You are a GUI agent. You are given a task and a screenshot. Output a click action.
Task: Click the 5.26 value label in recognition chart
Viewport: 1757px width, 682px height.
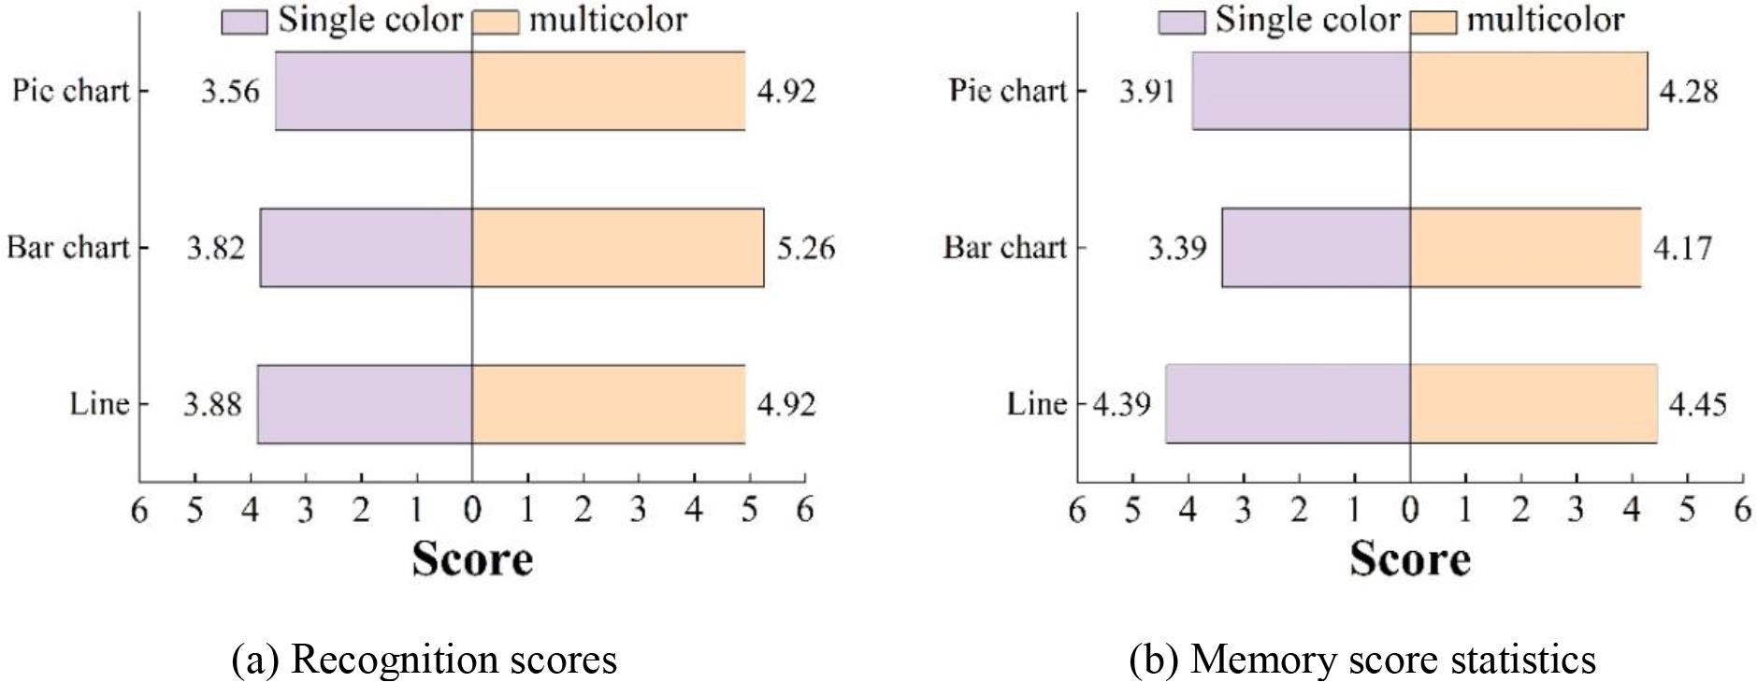coord(805,248)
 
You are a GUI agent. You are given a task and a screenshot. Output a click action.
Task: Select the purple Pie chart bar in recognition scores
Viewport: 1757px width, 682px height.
coord(373,91)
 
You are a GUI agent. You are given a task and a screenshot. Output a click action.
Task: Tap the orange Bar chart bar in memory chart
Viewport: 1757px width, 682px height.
coord(1524,248)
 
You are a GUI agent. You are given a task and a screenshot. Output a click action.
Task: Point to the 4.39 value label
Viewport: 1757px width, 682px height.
coord(1121,404)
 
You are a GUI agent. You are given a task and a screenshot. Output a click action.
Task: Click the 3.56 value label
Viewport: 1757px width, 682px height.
coord(230,92)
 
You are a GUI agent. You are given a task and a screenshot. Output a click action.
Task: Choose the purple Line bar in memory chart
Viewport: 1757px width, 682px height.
coord(1287,404)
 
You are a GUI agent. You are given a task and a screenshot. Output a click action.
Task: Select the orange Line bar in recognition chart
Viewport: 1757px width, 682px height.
coord(608,404)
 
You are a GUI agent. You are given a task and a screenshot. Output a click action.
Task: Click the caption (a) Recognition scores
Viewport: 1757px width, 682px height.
coord(424,660)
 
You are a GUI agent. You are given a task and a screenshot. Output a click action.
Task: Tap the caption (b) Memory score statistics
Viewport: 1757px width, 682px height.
coord(1362,660)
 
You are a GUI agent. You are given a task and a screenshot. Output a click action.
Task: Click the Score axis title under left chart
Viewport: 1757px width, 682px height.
coord(472,559)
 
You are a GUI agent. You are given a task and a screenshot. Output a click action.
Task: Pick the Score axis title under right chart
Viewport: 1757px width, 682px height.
coord(1409,559)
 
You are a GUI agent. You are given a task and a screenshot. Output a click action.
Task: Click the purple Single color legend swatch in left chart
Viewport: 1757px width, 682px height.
coord(244,22)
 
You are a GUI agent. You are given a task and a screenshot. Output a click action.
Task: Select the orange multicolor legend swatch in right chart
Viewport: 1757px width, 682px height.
coord(1433,22)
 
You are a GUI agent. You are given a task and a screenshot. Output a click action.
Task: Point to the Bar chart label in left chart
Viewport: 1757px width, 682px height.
coord(67,248)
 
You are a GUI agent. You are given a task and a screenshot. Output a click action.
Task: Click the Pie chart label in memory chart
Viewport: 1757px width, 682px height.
coord(1007,91)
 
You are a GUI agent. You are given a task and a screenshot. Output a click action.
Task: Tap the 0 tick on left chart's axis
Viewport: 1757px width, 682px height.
coord(472,510)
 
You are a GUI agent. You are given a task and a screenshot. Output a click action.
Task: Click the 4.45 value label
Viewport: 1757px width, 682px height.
coord(1697,404)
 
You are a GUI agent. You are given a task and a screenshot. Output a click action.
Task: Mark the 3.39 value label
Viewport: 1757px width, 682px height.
coord(1177,248)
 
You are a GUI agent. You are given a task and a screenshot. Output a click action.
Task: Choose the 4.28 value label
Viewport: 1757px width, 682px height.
coord(1688,92)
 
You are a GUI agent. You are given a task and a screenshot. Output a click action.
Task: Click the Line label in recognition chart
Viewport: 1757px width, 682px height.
coord(98,404)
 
